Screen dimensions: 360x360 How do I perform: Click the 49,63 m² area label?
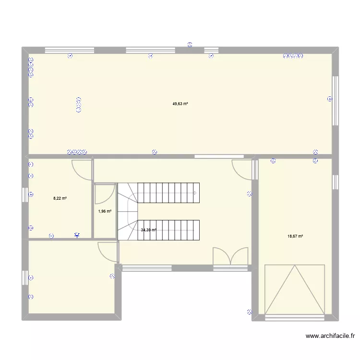180,104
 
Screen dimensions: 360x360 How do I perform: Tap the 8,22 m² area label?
60,198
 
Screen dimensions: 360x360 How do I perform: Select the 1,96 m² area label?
105,211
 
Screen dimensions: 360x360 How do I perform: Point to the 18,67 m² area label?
295,236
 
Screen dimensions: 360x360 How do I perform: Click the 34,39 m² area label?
148,230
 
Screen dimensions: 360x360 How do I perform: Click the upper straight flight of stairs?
168,193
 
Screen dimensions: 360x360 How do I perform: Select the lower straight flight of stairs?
168,230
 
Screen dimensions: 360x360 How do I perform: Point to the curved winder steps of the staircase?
128,212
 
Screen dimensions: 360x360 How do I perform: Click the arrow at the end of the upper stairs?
195,193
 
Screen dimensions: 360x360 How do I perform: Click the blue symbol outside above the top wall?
190,45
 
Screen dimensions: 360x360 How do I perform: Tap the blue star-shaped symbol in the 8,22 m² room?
77,235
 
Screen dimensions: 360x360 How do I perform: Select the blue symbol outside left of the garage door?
249,312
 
